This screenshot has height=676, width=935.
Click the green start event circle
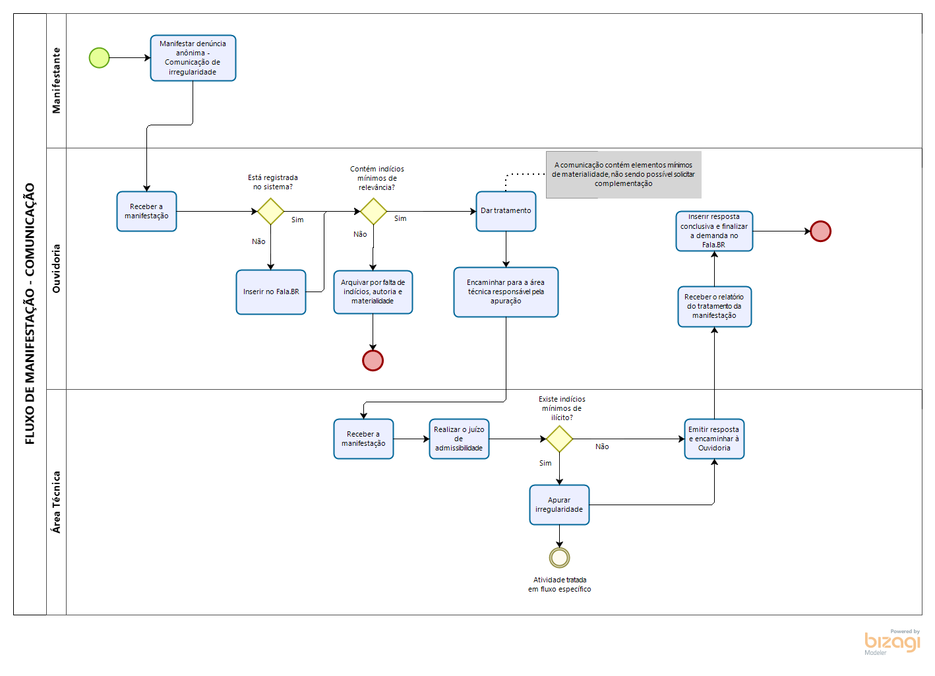[x=99, y=58]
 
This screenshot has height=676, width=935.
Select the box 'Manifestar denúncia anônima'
[x=193, y=58]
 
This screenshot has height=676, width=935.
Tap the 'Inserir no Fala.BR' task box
[x=270, y=292]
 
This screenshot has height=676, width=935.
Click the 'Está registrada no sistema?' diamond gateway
[x=270, y=211]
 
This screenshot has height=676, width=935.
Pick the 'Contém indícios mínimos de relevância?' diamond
[x=373, y=211]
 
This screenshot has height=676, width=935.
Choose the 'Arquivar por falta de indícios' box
[x=373, y=292]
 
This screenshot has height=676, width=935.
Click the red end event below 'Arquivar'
[x=373, y=360]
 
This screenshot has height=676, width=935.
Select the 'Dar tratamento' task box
[x=506, y=211]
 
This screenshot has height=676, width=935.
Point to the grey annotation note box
[x=623, y=174]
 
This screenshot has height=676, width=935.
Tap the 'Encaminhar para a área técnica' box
[x=506, y=292]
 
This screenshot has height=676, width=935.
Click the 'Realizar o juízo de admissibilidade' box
[x=459, y=439]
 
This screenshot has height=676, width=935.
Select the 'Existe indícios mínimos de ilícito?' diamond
[x=559, y=439]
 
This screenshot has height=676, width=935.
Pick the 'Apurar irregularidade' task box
[x=559, y=505]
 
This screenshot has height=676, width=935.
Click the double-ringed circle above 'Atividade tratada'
[x=559, y=557]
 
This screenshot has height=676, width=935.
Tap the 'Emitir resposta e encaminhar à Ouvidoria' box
[x=714, y=439]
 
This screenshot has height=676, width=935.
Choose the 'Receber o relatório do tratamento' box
[x=714, y=306]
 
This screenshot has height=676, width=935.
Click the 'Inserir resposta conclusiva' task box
[x=714, y=231]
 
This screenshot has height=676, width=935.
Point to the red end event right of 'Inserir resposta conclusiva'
[x=820, y=231]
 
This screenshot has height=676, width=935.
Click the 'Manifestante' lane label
[x=56, y=80]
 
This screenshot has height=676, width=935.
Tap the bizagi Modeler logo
[x=891, y=642]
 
